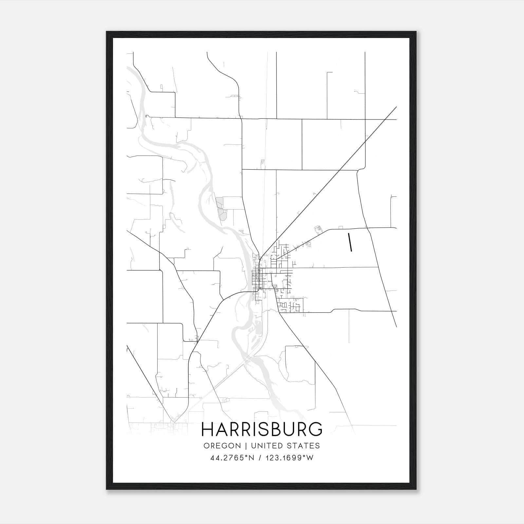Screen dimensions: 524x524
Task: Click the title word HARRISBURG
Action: point(262,429)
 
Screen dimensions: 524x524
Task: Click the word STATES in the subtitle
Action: point(305,446)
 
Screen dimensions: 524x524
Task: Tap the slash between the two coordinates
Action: point(260,458)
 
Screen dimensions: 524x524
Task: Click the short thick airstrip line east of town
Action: point(350,242)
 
